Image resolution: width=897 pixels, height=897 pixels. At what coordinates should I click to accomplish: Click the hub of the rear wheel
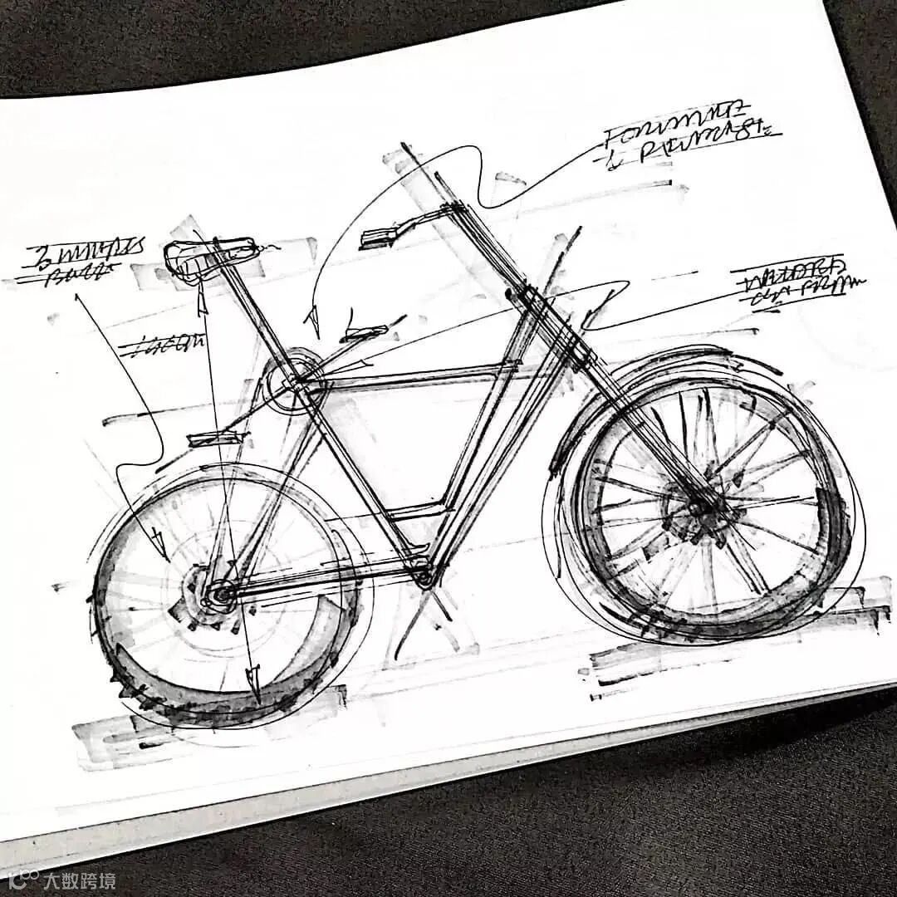point(220,593)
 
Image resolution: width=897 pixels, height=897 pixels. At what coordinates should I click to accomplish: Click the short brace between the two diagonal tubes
point(419,509)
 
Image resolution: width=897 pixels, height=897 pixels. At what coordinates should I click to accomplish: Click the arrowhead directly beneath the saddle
point(200,304)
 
